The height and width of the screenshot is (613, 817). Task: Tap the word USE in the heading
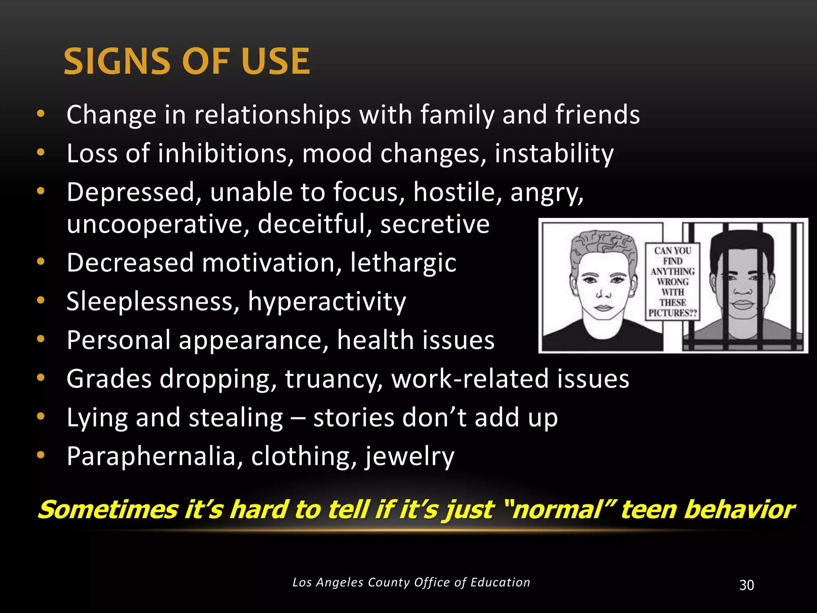click(276, 61)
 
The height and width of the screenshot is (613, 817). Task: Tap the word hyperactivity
click(327, 302)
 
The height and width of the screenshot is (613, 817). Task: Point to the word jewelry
click(409, 456)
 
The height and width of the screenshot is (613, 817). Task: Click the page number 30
click(746, 585)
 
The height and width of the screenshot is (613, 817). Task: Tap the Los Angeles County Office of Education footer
click(411, 582)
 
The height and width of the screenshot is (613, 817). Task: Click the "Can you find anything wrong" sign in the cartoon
click(673, 282)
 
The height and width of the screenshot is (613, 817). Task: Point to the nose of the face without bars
click(603, 294)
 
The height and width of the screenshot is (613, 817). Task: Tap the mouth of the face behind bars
click(742, 305)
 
